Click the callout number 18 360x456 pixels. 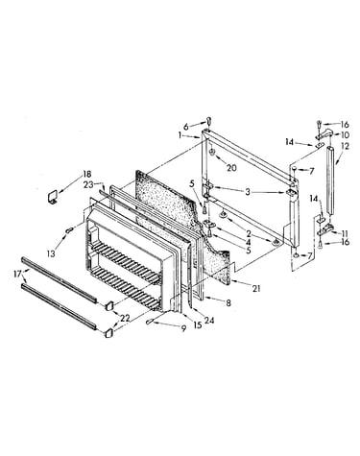(87, 175)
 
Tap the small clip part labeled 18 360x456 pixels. (52, 197)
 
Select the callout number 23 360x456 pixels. (88, 184)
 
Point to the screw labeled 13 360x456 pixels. (69, 229)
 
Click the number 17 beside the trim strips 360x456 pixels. (17, 274)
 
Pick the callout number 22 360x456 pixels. (126, 318)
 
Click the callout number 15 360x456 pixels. (198, 325)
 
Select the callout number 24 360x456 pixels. (209, 320)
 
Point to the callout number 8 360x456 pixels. (228, 302)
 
